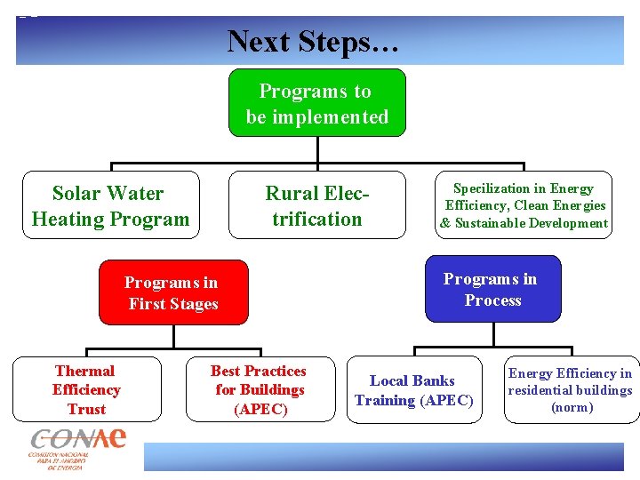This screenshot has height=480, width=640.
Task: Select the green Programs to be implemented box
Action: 317,103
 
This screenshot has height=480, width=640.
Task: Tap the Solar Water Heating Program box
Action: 110,205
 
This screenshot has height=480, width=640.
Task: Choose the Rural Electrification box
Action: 317,205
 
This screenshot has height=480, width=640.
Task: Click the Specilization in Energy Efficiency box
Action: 524,205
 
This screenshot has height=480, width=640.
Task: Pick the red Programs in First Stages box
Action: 172,292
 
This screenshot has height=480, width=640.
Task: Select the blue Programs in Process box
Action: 492,289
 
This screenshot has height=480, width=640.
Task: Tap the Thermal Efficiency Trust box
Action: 85,389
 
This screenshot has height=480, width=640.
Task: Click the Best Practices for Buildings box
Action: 259,389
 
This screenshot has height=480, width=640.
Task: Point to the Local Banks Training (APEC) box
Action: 413,390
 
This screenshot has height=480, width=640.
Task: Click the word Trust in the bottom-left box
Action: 86,409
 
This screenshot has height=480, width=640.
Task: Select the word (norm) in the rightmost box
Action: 572,407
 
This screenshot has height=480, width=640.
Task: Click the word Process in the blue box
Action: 492,300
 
